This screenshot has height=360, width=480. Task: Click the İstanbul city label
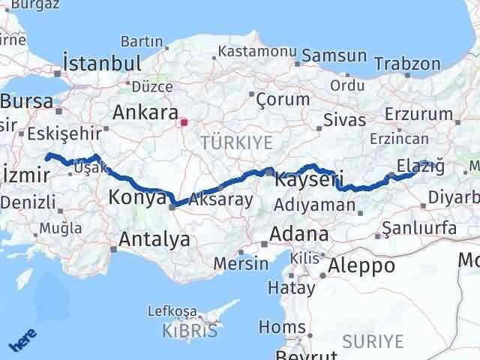(103, 63)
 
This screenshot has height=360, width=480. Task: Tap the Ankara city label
(143, 112)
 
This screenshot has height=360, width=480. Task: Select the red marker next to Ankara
(184, 120)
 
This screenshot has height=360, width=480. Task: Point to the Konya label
(137, 198)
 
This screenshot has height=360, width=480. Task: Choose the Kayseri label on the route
(309, 181)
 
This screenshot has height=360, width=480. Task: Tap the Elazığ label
(420, 165)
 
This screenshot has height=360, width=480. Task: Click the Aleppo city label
(361, 265)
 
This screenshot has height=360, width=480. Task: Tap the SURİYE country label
(372, 341)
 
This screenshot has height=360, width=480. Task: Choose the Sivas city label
(344, 120)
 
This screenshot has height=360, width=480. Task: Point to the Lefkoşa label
(172, 311)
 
